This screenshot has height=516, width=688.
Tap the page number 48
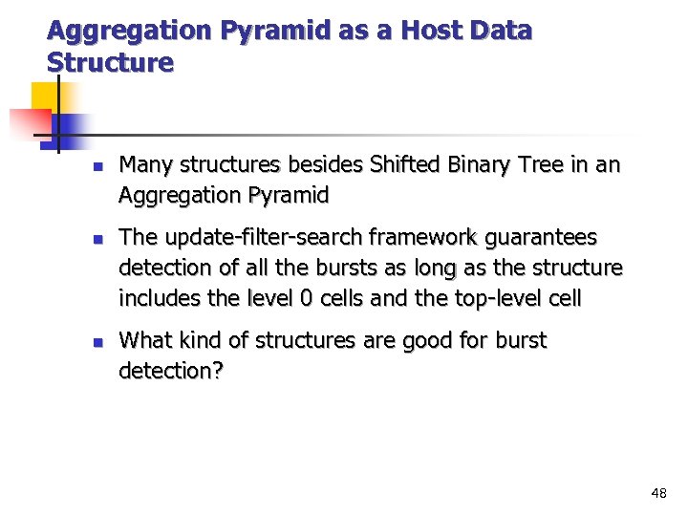[x=658, y=493]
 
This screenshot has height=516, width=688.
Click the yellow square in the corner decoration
[x=46, y=97]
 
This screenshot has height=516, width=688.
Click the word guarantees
[x=551, y=237]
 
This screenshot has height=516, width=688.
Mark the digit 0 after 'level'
[x=306, y=297]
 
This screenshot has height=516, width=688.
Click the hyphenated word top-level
[x=496, y=297]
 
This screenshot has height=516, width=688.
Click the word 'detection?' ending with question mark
[x=171, y=370]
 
